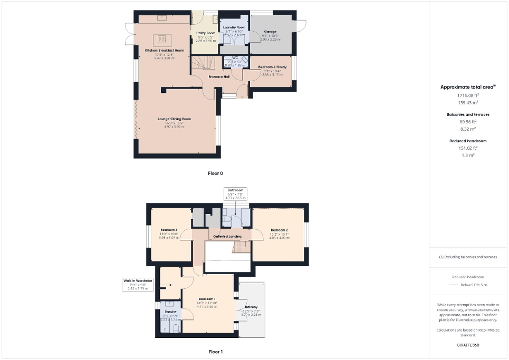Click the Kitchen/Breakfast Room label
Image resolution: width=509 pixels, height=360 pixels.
click(x=165, y=50)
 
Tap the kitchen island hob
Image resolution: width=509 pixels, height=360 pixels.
click(x=162, y=38)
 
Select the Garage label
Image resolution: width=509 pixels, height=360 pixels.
click(x=270, y=32)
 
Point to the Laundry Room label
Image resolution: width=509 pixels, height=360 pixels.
click(x=234, y=27)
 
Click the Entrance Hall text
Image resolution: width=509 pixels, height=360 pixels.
click(x=219, y=77)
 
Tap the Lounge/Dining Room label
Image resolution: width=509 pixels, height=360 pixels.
click(x=174, y=119)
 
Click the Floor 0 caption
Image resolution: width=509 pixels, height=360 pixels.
click(x=215, y=173)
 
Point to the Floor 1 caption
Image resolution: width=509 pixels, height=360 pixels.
click(x=216, y=351)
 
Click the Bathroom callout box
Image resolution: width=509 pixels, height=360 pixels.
click(x=235, y=193)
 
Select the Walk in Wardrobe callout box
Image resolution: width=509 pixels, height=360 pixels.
click(x=138, y=284)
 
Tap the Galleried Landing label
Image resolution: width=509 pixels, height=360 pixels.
click(x=227, y=237)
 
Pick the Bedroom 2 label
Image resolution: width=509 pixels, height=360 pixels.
click(x=279, y=230)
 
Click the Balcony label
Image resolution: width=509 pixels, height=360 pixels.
click(x=251, y=307)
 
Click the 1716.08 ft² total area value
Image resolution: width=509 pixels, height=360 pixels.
click(x=468, y=95)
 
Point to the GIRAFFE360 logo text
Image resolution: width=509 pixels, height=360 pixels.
click(x=468, y=345)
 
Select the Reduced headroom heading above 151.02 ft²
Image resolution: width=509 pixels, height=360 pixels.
click(x=468, y=141)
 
